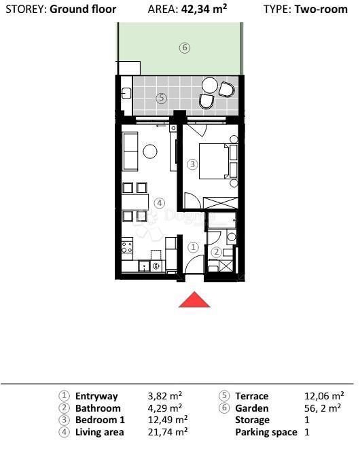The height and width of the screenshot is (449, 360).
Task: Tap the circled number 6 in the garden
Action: click(x=184, y=48)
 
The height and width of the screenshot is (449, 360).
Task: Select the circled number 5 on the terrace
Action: click(x=161, y=98)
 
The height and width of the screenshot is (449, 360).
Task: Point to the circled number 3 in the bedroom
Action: click(x=192, y=164)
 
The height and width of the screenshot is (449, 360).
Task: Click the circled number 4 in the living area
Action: click(x=159, y=202)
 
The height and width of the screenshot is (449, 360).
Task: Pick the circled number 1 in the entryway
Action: click(x=193, y=248)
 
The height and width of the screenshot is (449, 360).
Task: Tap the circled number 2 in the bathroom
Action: click(x=216, y=252)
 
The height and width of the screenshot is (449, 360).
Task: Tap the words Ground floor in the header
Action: click(x=83, y=10)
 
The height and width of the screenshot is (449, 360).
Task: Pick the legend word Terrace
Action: click(x=251, y=396)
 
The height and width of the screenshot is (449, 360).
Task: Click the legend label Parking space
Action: click(x=266, y=432)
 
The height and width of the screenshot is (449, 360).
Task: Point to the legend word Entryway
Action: click(x=96, y=396)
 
